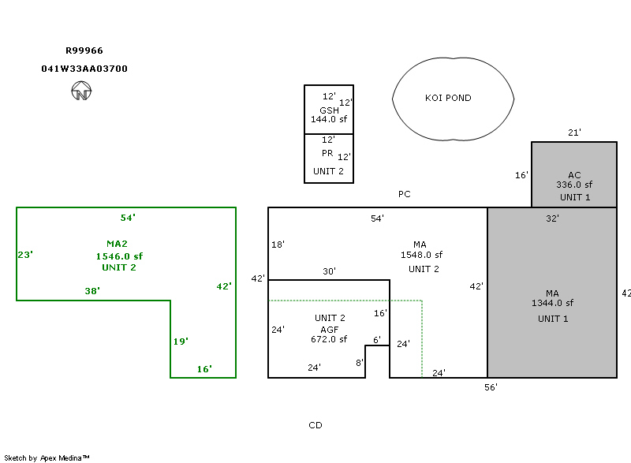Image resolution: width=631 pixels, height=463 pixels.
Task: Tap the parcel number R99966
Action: point(84,50)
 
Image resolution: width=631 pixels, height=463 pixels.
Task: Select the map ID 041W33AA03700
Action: point(84,69)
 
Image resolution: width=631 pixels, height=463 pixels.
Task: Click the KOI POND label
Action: point(448,98)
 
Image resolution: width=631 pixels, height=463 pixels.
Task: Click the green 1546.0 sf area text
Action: point(119,256)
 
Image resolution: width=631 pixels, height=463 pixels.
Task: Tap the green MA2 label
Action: point(117,244)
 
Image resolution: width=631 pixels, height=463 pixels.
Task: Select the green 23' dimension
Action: point(25,255)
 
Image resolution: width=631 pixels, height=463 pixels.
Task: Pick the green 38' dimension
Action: point(92,291)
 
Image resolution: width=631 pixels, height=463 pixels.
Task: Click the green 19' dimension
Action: point(181,342)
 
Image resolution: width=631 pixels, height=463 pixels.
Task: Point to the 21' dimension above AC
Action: point(574,133)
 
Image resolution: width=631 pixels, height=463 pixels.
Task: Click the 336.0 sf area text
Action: point(574,185)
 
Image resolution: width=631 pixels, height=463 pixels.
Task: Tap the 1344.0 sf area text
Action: point(552,303)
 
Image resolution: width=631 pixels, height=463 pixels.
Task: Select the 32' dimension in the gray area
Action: point(552,218)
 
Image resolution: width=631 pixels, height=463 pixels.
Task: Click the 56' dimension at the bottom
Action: point(491,387)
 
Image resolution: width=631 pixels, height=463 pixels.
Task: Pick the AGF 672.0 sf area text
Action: point(329,340)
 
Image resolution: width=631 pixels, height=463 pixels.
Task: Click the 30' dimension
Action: point(329,271)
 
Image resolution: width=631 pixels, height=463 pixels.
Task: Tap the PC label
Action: point(404,194)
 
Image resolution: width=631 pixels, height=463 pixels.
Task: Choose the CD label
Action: point(315,425)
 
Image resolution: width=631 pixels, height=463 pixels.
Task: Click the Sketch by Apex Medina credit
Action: point(47,457)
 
